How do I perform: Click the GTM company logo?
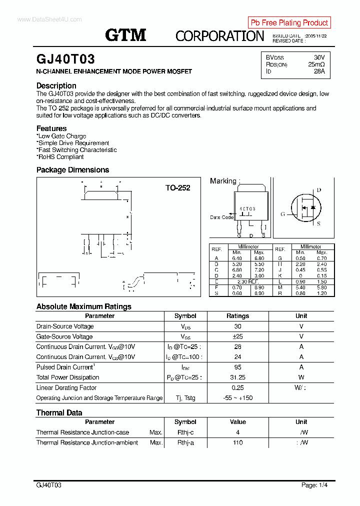coord(125,34)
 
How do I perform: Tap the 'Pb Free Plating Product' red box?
coord(289,22)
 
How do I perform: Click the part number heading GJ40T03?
coord(65,59)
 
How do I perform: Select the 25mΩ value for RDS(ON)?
coord(316,64)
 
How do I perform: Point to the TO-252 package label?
coord(178,188)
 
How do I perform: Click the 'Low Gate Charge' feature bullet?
coord(61,136)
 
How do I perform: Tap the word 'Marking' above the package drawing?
coord(223,181)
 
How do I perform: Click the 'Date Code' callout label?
coord(221,217)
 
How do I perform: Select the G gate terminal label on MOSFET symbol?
coord(282,214)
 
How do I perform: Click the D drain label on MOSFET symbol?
coord(318,190)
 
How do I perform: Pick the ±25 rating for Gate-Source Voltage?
coord(237,336)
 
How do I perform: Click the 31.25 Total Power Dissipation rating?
coord(237,377)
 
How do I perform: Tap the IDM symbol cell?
coord(185,367)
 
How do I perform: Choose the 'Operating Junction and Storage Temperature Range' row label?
coord(99,398)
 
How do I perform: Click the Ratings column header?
coord(237,316)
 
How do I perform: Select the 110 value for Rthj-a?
coord(237,442)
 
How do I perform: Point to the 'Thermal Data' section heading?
coord(59,412)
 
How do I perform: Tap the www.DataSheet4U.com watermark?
coord(49,19)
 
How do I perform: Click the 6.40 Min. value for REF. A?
coord(237,258)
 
